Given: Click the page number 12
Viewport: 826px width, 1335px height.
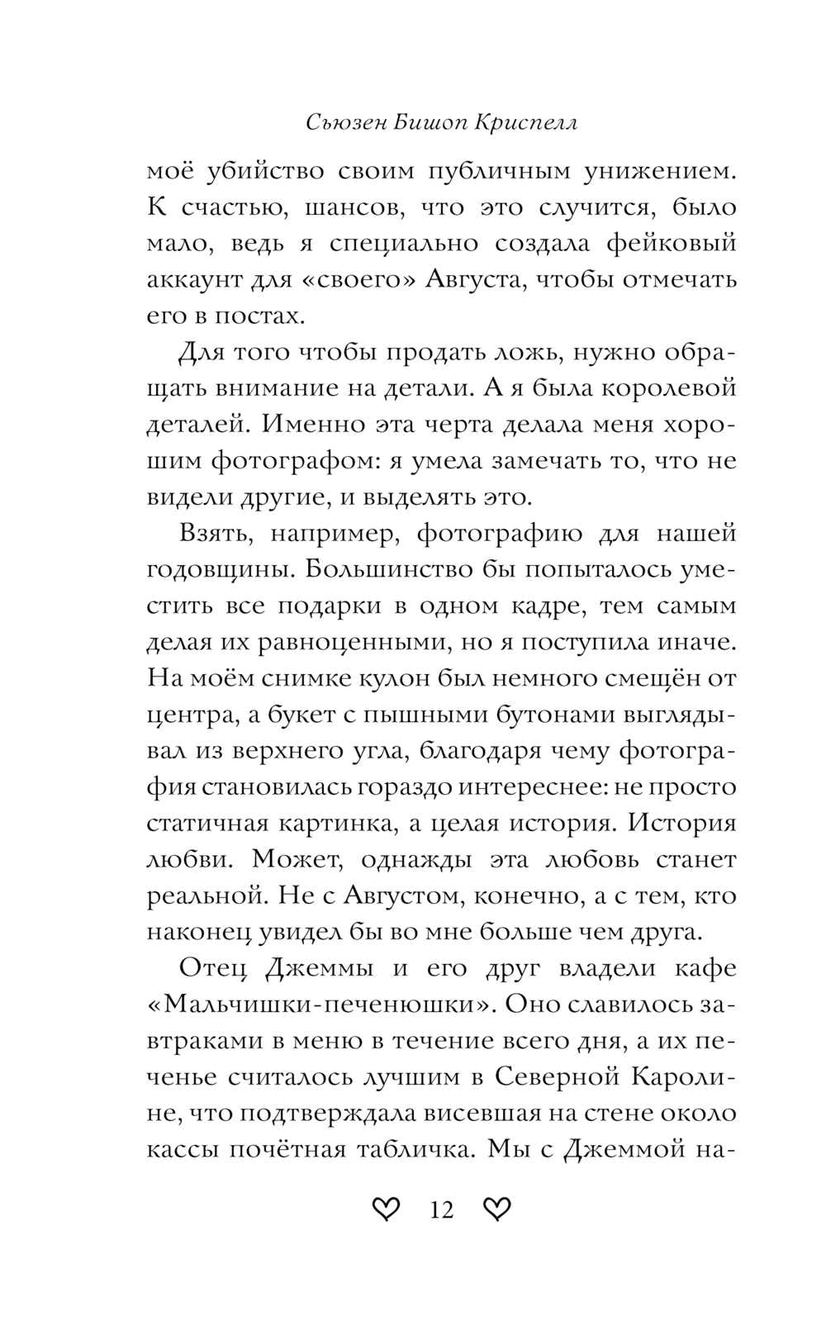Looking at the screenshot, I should (442, 1210).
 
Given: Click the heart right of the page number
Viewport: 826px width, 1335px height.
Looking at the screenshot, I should (496, 1210).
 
